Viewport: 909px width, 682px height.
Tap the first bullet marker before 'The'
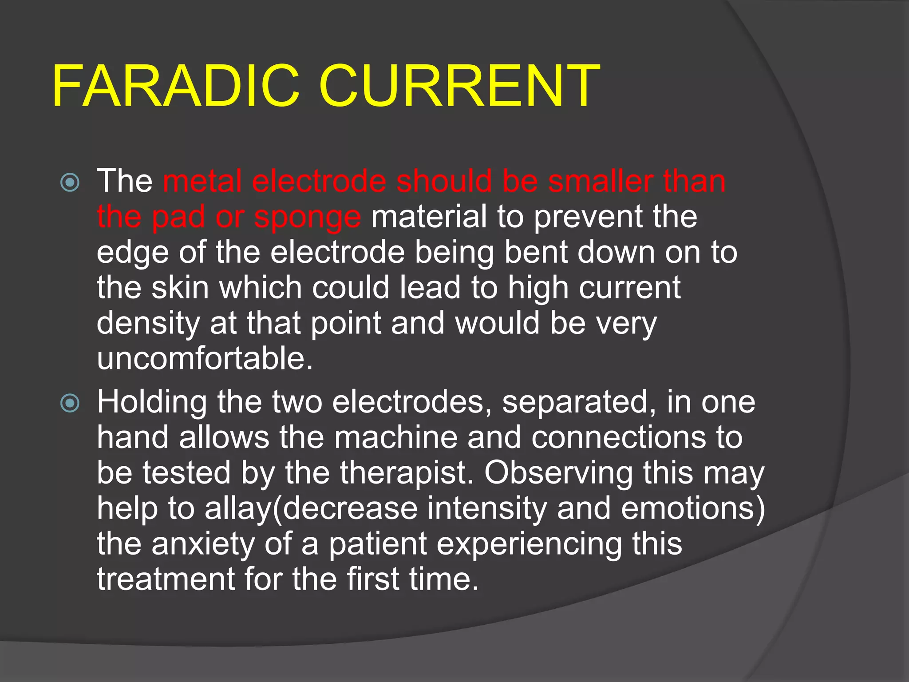(70, 182)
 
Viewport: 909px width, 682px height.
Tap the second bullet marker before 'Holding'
(70, 403)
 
